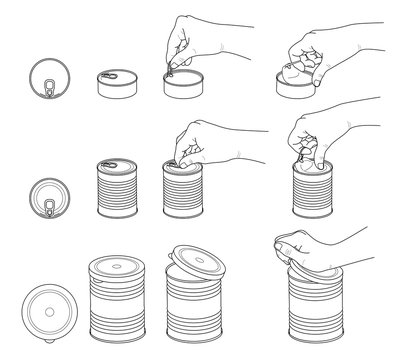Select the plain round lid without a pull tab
46,305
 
